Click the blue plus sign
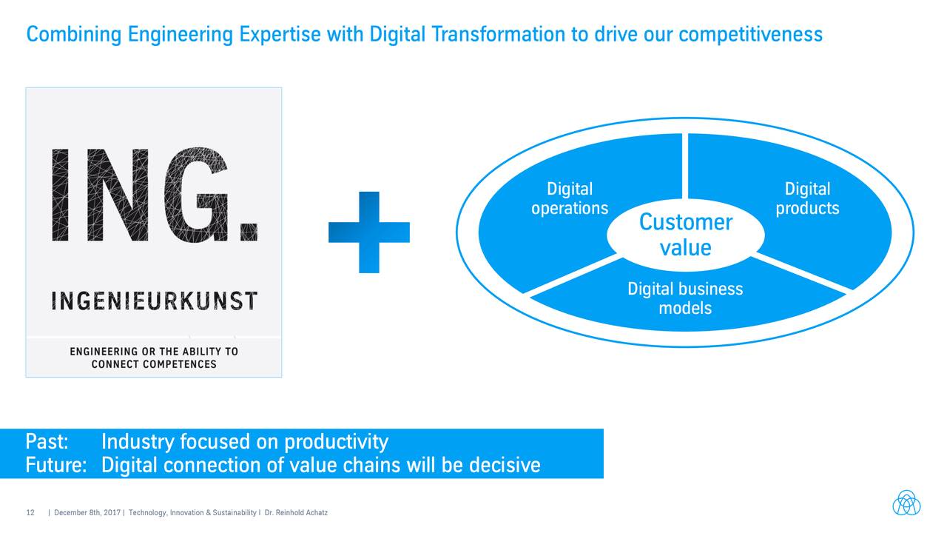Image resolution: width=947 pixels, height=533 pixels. pyautogui.click(x=369, y=232)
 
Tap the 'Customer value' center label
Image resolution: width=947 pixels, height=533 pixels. pyautogui.click(x=685, y=235)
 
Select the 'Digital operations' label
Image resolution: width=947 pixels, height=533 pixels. pyautogui.click(x=570, y=199)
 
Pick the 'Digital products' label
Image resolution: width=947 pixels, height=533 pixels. pyautogui.click(x=807, y=199)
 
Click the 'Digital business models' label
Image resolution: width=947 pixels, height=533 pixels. pyautogui.click(x=685, y=298)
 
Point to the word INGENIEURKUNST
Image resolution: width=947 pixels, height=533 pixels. pyautogui.click(x=155, y=301)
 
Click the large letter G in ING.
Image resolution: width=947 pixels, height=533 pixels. pyautogui.click(x=196, y=195)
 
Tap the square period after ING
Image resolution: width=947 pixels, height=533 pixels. pyautogui.click(x=249, y=232)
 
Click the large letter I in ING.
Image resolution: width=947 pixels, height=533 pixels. pyautogui.click(x=60, y=195)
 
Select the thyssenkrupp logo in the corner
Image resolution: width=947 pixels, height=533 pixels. pyautogui.click(x=906, y=503)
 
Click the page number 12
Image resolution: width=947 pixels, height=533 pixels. pyautogui.click(x=30, y=513)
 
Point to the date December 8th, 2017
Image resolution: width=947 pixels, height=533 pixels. pyautogui.click(x=87, y=513)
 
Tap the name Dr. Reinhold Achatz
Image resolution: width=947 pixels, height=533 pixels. pyautogui.click(x=296, y=513)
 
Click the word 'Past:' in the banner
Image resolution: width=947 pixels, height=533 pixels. pyautogui.click(x=47, y=442)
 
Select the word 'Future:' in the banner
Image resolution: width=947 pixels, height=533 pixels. pyautogui.click(x=56, y=465)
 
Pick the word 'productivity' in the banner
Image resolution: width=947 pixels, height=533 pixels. pyautogui.click(x=336, y=443)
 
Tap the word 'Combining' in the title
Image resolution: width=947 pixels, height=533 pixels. pyautogui.click(x=74, y=35)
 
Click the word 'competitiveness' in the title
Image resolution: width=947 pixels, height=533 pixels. pyautogui.click(x=751, y=35)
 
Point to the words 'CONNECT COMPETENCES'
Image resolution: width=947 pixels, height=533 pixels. pyautogui.click(x=154, y=364)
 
